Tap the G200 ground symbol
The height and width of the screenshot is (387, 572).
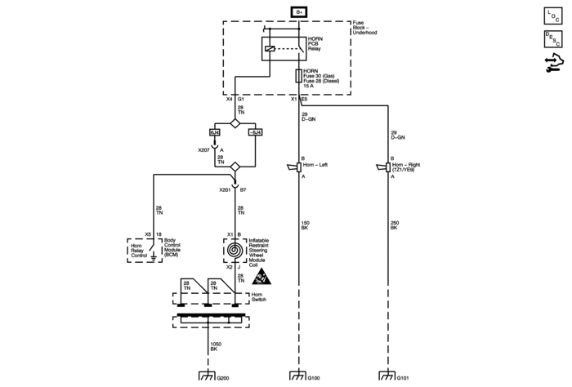pos(206,376)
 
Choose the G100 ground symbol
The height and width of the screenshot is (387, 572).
pos(298,376)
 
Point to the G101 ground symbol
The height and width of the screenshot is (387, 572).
pos(387,376)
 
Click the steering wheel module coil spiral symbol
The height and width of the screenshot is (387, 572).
pos(235,248)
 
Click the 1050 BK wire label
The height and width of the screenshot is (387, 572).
pos(216,346)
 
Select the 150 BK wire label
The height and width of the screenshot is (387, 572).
pos(304,225)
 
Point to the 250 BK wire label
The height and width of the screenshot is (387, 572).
pos(394,225)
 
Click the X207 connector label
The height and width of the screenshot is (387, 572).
pos(204,150)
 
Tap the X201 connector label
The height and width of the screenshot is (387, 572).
pos(225,189)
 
